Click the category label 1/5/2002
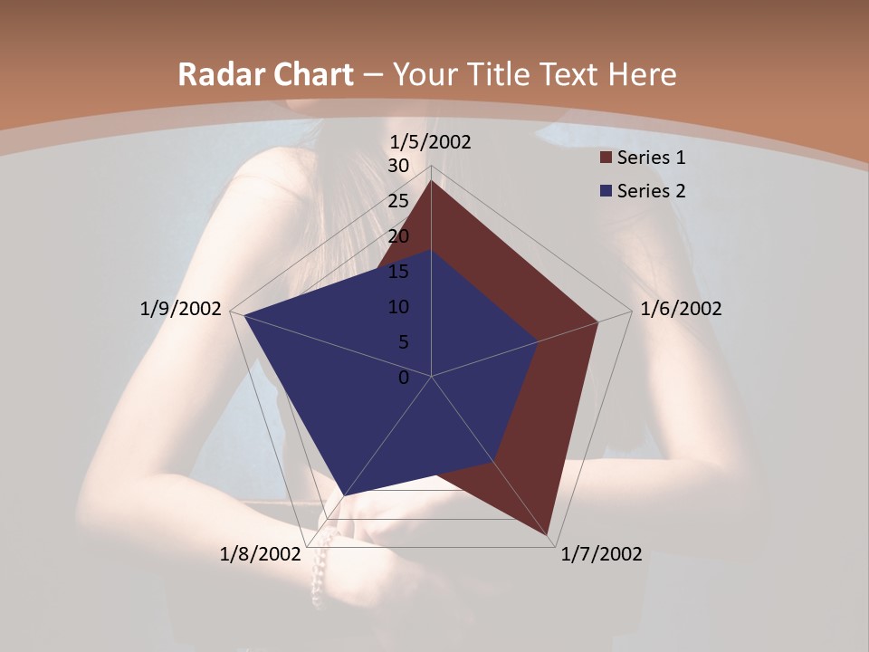click(x=430, y=142)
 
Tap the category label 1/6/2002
click(x=681, y=309)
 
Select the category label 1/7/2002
click(x=601, y=554)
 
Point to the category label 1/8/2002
click(x=260, y=554)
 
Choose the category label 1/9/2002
click(x=180, y=309)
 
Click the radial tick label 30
click(x=398, y=166)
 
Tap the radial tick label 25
click(x=398, y=201)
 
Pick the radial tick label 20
click(x=398, y=236)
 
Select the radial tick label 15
click(x=398, y=272)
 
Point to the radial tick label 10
click(x=398, y=307)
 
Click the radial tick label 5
click(x=403, y=342)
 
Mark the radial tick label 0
click(x=404, y=378)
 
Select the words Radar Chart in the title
click(x=265, y=75)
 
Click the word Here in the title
click(x=643, y=75)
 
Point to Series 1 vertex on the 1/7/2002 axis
click(x=549, y=535)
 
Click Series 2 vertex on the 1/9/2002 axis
click(x=244, y=315)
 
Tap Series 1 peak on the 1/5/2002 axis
click(x=432, y=181)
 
